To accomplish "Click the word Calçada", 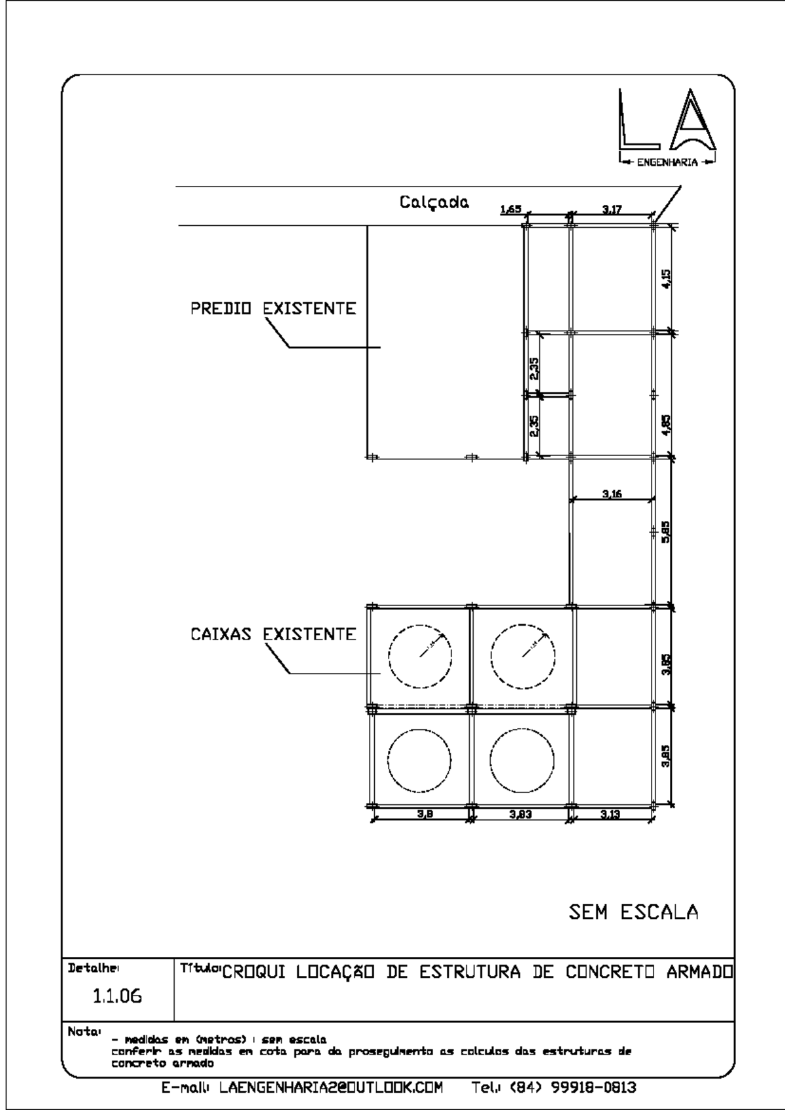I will coord(434,203).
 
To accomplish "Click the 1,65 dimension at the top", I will coord(510,209).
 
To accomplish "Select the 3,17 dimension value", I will coord(612,209).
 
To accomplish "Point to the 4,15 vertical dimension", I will coord(666,279).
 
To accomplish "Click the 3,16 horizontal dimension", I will coord(612,494).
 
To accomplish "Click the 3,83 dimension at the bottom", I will coord(521,815).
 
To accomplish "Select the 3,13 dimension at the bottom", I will coord(610,815).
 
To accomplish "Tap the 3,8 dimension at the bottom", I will coord(425,815).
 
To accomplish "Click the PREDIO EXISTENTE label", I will coord(273,308).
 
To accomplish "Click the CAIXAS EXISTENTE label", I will coord(273,634).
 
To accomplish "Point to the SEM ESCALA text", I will coord(633,912).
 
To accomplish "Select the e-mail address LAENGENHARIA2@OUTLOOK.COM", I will coord(330,1088).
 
